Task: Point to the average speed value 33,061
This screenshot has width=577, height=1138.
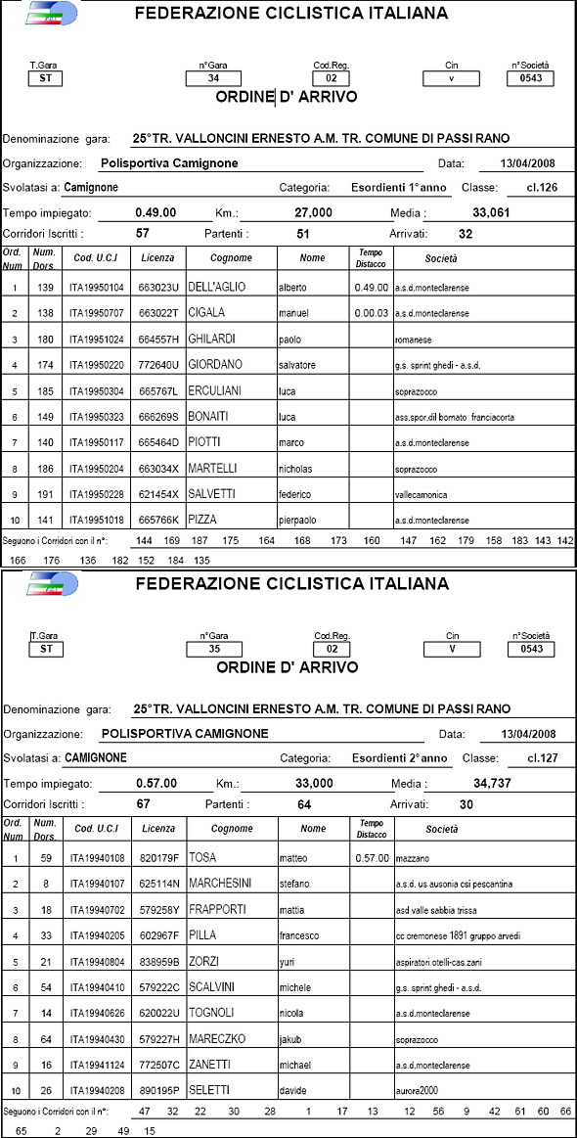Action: click(493, 212)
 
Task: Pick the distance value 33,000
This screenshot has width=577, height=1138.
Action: click(314, 783)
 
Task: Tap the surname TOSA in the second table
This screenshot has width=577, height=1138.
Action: click(202, 858)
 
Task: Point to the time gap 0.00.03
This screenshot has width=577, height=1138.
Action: click(371, 313)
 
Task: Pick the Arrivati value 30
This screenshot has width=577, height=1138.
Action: click(466, 804)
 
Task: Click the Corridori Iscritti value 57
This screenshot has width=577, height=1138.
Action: click(143, 234)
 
